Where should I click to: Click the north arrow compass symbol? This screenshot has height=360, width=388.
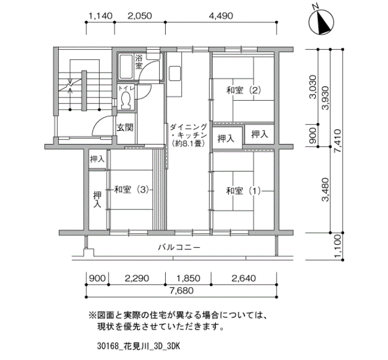click(x=321, y=22)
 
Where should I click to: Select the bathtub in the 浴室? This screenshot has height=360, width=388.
click(x=126, y=66)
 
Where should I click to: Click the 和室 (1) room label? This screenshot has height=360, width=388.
click(x=243, y=191)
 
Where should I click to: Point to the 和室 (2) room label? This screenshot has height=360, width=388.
click(x=243, y=90)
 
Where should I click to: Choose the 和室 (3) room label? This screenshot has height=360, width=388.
click(x=131, y=189)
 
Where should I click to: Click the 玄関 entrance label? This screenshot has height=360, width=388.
click(x=125, y=127)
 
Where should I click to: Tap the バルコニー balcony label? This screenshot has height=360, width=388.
click(x=179, y=247)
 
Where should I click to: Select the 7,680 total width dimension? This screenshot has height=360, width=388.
click(x=181, y=291)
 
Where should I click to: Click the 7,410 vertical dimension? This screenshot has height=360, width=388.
click(x=338, y=141)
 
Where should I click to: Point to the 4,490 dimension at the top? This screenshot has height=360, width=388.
click(x=221, y=16)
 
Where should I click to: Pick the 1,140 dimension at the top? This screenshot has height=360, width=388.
click(x=100, y=16)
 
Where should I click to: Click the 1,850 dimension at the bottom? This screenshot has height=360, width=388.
click(x=188, y=279)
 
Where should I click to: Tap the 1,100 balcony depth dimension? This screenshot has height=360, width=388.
click(x=338, y=246)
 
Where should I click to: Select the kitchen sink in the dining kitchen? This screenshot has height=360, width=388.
click(x=175, y=74)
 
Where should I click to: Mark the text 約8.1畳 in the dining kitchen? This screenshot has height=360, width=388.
click(x=190, y=143)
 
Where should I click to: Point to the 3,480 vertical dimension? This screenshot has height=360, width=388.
click(x=326, y=189)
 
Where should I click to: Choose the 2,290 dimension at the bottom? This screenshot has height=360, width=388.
click(x=137, y=279)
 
